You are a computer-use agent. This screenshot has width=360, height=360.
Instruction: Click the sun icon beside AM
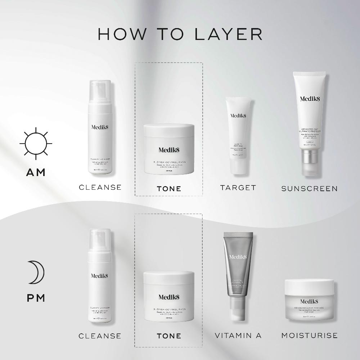point(36,143)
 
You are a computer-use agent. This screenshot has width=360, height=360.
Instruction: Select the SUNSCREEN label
point(309,188)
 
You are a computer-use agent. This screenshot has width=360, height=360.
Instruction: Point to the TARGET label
point(238,188)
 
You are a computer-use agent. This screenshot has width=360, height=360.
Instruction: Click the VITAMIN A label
point(238,336)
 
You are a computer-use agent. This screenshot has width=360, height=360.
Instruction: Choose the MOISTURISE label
point(309,336)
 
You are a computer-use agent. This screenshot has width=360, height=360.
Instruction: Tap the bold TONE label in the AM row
point(169,189)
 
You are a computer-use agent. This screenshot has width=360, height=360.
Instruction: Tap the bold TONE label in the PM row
point(169,336)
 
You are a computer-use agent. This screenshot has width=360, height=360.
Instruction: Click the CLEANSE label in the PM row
point(100,336)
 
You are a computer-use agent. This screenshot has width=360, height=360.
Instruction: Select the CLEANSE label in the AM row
point(100,187)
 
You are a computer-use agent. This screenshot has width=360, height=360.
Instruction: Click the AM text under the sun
point(36,172)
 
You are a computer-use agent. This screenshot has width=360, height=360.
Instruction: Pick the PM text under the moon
point(36,298)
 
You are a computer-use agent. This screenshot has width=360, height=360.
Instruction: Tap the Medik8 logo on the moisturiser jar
point(309,301)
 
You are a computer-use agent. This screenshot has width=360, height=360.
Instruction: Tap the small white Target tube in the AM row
point(238,133)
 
